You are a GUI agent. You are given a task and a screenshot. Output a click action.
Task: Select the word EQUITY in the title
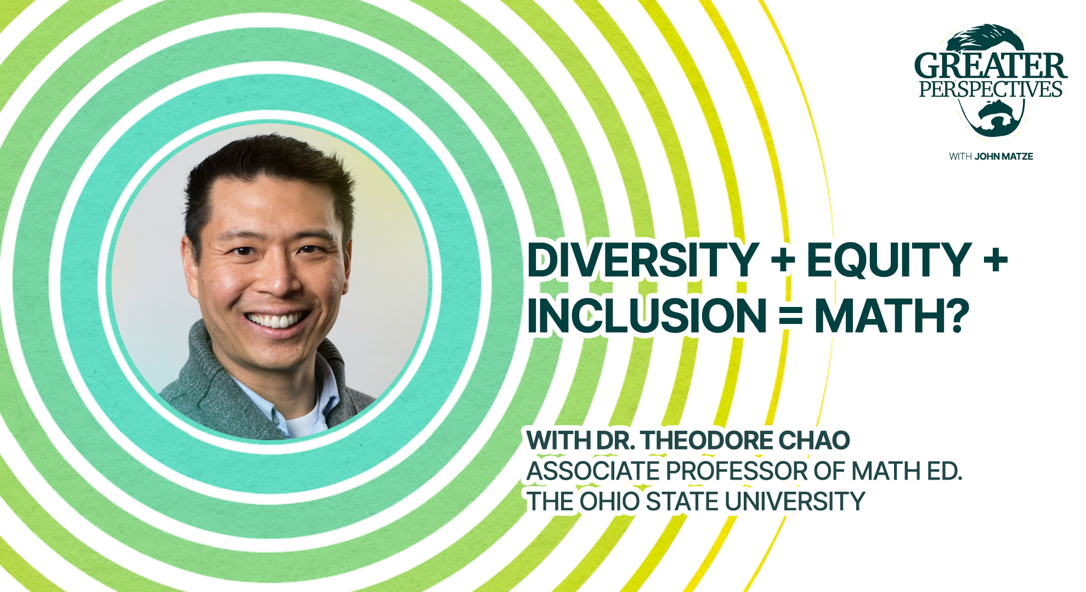pos(889,260)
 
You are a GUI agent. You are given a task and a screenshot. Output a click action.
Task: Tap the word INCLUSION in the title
pos(647,316)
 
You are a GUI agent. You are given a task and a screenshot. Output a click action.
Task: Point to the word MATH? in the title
pos(892,316)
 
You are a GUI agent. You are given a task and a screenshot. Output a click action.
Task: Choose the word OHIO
pos(609,502)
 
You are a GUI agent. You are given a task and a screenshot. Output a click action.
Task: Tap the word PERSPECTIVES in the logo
pos(991,89)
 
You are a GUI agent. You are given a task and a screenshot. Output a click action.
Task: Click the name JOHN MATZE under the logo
pos(1003,157)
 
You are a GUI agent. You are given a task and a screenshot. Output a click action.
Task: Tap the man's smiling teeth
pos(277,320)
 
